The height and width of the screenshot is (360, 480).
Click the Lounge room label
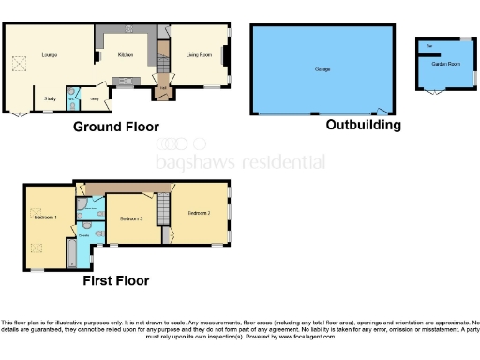pyautogui.click(x=50, y=56)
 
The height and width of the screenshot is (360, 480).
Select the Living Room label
pyautogui.click(x=197, y=56)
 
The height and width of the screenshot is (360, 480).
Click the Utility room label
pyautogui.click(x=95, y=97)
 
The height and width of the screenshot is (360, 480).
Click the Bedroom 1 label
pyautogui.click(x=45, y=217)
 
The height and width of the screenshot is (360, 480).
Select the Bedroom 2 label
pyautogui.click(x=198, y=214)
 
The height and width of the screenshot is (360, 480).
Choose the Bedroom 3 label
pyautogui.click(x=130, y=217)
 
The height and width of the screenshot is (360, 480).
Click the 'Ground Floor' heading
pyautogui.click(x=116, y=127)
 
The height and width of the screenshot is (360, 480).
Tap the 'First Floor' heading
pyautogui.click(x=117, y=279)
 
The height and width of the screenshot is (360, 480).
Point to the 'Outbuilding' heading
pyautogui.click(x=363, y=125)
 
